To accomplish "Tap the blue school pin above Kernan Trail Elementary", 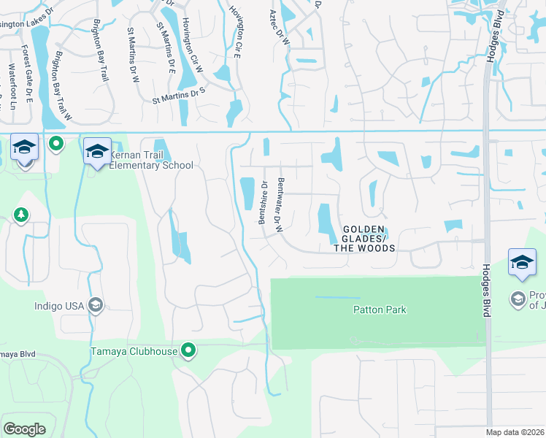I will coord(97,152).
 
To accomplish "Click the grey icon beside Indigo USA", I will coord(95,304).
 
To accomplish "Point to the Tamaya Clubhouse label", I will coord(134,351).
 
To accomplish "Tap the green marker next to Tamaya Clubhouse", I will coord(189,351).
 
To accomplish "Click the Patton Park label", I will coord(380,310).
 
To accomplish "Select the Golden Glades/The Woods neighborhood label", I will coord(364,239).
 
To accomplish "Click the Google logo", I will coord(24,429).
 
